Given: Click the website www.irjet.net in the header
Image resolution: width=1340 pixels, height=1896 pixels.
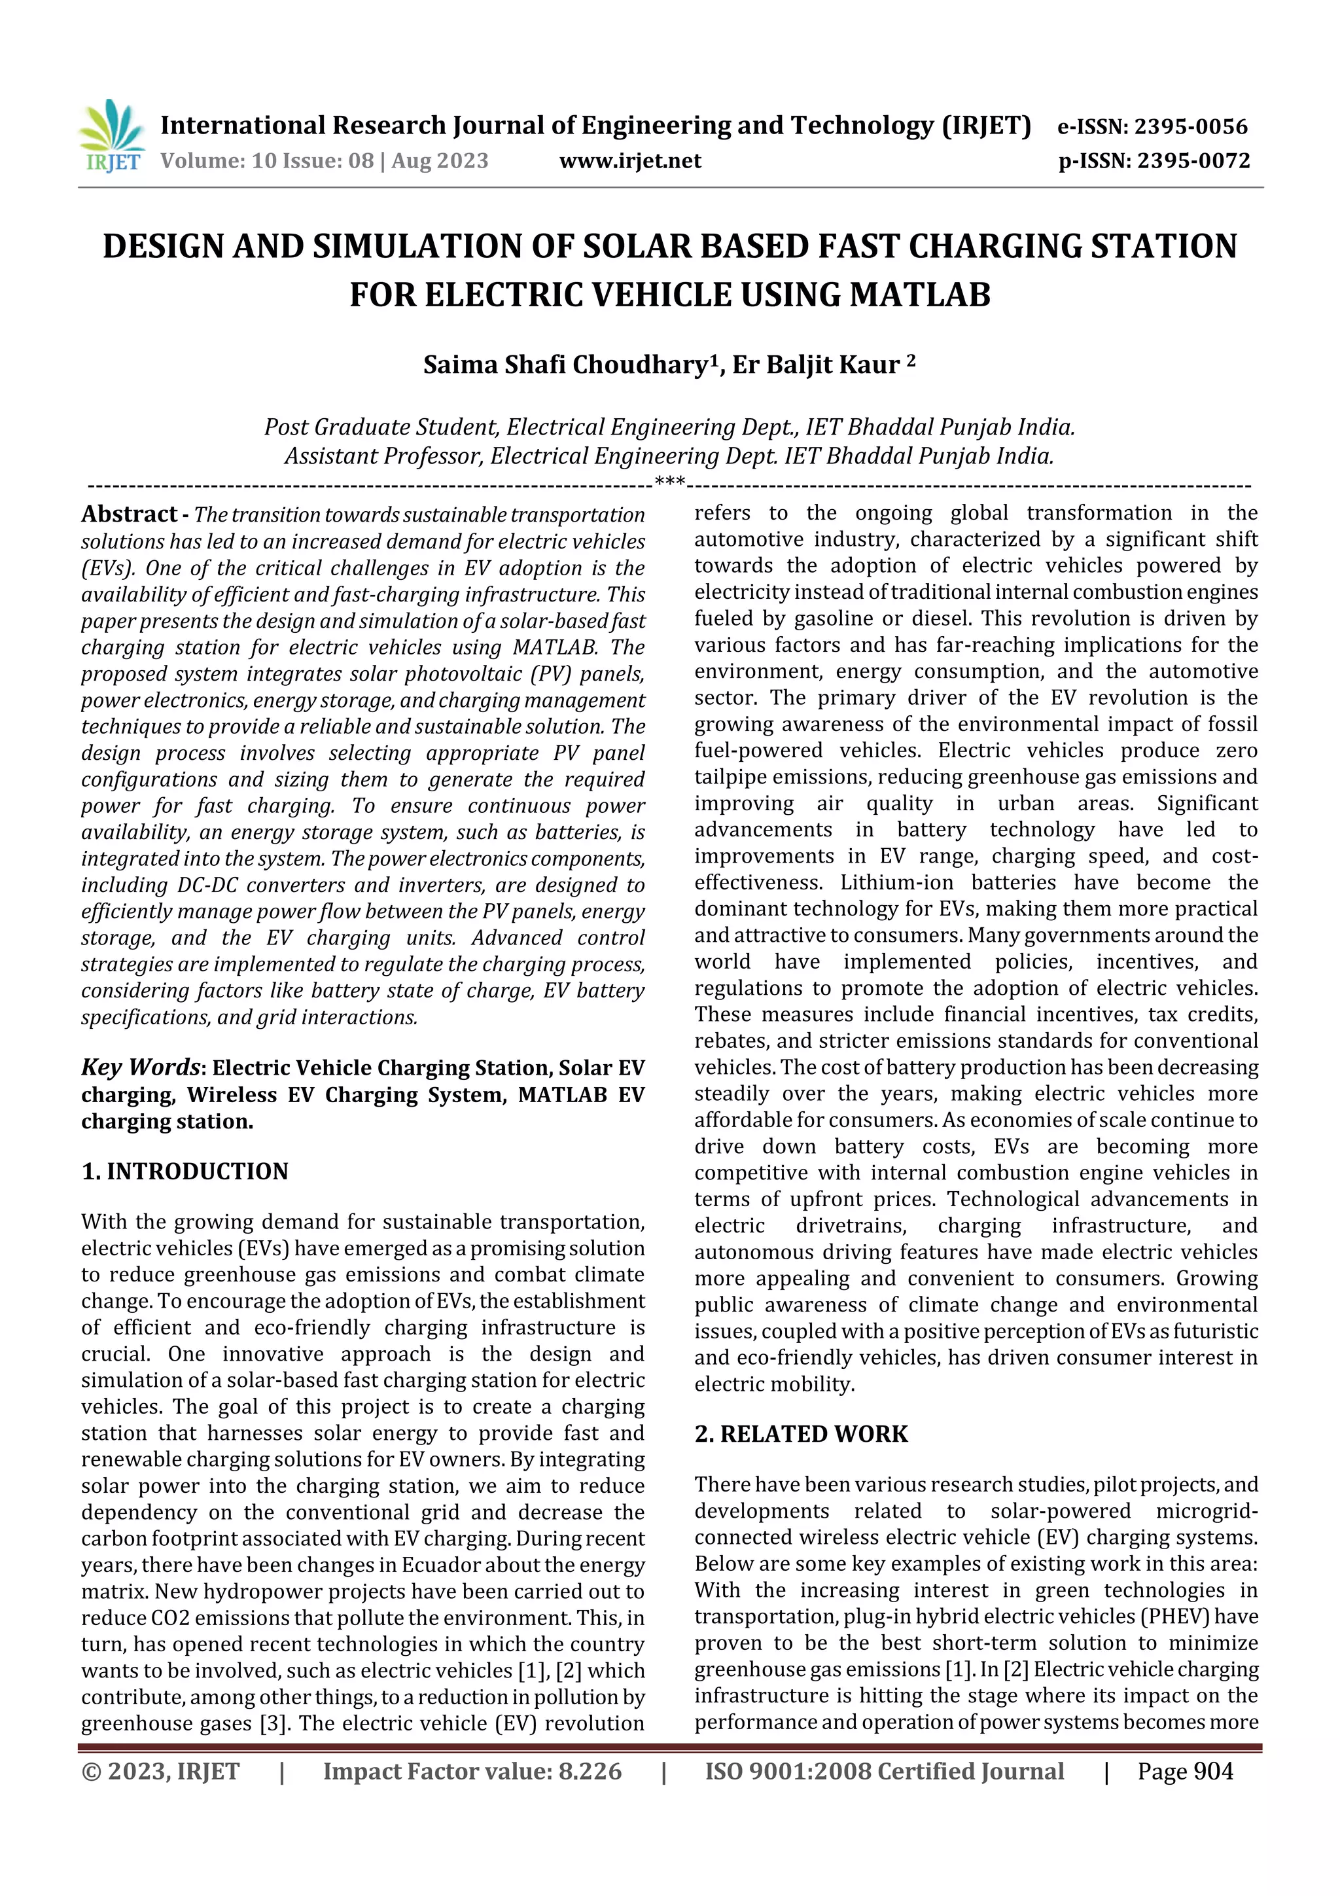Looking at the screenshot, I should pyautogui.click(x=630, y=161).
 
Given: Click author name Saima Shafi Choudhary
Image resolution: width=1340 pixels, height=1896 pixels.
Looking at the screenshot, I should pyautogui.click(x=565, y=365).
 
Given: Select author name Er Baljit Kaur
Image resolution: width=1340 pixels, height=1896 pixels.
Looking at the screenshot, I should pyautogui.click(x=817, y=365).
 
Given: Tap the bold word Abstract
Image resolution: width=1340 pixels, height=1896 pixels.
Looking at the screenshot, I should pyautogui.click(x=128, y=514).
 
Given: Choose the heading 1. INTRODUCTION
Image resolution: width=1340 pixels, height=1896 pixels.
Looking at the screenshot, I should pyautogui.click(x=185, y=1171).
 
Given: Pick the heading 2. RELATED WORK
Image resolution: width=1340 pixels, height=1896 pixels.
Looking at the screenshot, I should pyautogui.click(x=801, y=1433).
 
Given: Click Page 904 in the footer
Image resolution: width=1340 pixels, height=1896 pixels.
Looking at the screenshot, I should pyautogui.click(x=1185, y=1771).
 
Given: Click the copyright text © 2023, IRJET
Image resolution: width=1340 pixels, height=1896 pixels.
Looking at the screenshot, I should pyautogui.click(x=160, y=1771).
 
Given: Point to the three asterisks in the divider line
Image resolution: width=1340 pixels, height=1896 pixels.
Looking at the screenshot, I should pyautogui.click(x=669, y=482).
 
